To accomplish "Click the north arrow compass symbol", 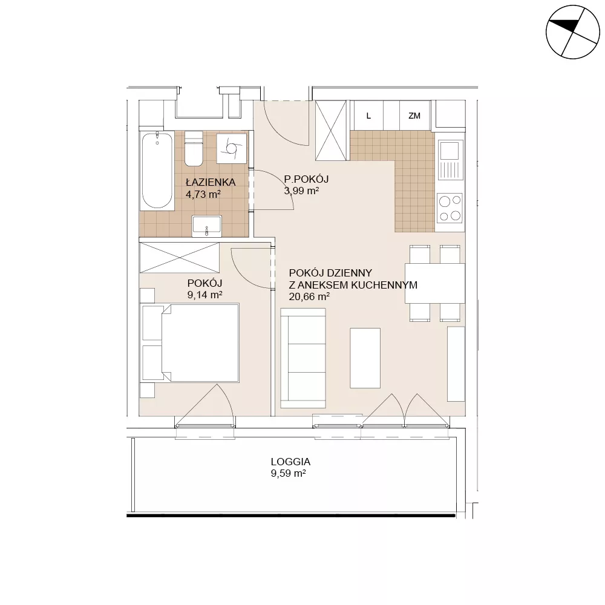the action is [x=572, y=32].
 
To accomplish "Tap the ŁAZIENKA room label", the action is [x=211, y=182].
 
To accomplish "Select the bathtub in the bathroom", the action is [x=157, y=171].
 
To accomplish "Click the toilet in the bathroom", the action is [x=194, y=148].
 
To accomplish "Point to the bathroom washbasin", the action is [x=207, y=226].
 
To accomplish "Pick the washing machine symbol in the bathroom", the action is [x=232, y=148].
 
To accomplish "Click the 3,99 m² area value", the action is [x=301, y=191].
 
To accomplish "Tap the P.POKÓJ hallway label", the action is [x=306, y=179].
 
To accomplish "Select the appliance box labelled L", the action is [x=369, y=116].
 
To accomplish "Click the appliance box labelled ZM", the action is [x=414, y=116].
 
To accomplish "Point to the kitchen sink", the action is [x=450, y=160].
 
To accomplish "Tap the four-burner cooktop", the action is [x=450, y=208].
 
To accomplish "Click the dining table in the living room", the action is [x=435, y=283].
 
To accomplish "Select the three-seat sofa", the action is [x=303, y=358].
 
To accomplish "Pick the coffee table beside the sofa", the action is [x=365, y=358].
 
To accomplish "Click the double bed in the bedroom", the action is [x=191, y=343].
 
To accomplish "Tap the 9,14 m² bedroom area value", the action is [x=204, y=295].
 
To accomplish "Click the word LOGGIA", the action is [x=290, y=462].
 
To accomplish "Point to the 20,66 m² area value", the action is [x=309, y=296].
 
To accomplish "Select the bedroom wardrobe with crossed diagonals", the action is [x=180, y=258].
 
